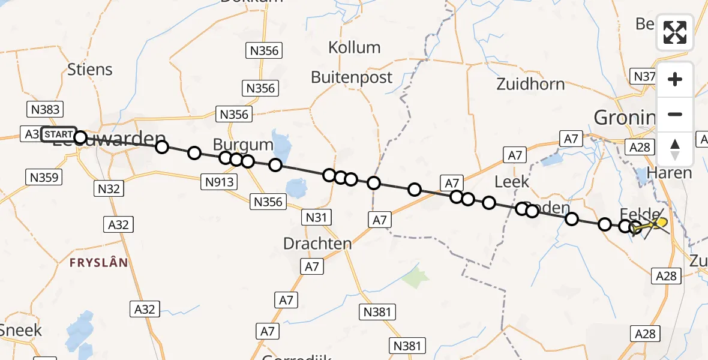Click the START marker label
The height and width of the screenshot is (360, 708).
(x=59, y=134)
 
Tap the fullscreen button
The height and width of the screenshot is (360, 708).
(x=675, y=32)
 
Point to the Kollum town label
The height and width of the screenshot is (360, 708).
(x=354, y=47)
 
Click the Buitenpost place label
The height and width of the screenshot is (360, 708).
(x=352, y=77)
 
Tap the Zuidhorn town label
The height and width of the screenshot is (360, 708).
(x=530, y=84)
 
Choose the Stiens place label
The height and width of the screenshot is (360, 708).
(x=90, y=70)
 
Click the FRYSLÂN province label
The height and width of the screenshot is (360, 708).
(x=98, y=263)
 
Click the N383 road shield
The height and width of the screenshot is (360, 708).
(x=44, y=109)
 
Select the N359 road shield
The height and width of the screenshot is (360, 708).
(x=43, y=177)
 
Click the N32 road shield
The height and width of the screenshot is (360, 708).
(x=109, y=189)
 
